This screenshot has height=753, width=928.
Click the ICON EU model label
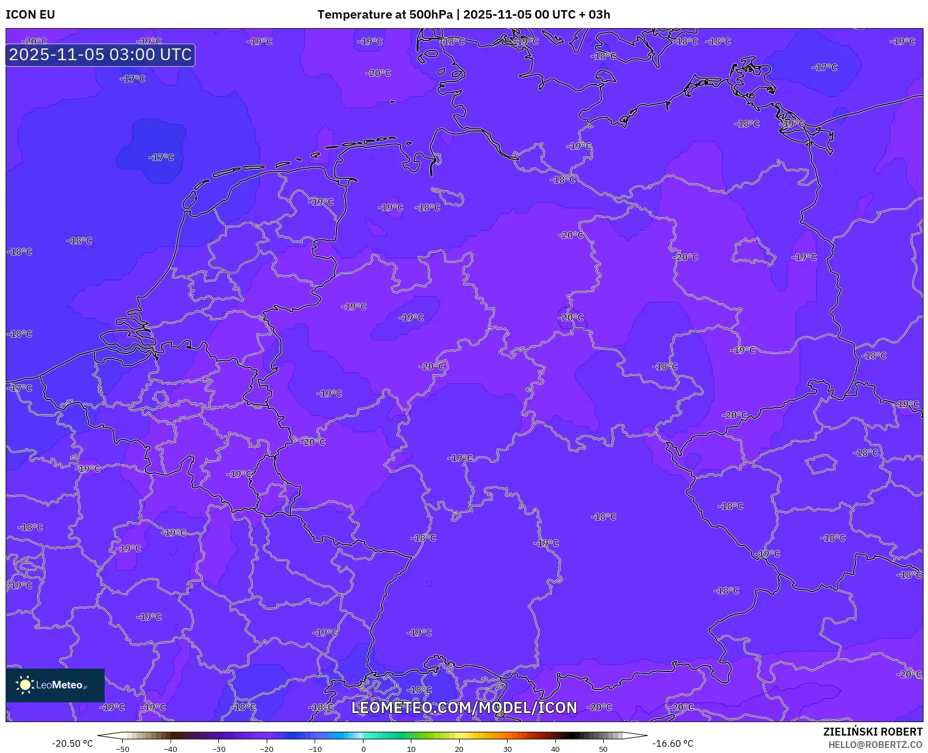[x=30, y=15]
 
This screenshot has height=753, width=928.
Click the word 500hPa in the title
[x=431, y=15]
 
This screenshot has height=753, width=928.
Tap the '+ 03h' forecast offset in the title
[x=595, y=15]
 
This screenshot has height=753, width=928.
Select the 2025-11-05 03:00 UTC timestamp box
[x=100, y=55]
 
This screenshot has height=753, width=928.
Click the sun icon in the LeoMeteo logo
[x=25, y=685]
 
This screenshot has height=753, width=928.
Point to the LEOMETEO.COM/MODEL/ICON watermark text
[x=464, y=708]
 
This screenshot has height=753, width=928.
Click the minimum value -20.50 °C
[x=72, y=743]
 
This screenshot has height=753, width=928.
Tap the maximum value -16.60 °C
[x=673, y=743]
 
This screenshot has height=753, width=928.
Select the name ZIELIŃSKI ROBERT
[x=873, y=732]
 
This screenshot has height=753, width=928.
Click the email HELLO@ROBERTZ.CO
[x=875, y=745]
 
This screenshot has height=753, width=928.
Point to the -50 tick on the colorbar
[x=123, y=749]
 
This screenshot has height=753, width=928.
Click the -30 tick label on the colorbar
[x=218, y=749]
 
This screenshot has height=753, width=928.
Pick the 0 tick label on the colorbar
[x=364, y=749]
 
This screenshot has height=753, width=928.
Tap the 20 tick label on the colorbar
[x=459, y=749]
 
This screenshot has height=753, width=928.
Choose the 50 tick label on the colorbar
[x=603, y=749]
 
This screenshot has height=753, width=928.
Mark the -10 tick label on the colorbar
[x=315, y=749]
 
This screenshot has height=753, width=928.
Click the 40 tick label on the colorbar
[x=555, y=749]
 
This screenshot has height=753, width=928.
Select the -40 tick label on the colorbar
[x=171, y=749]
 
